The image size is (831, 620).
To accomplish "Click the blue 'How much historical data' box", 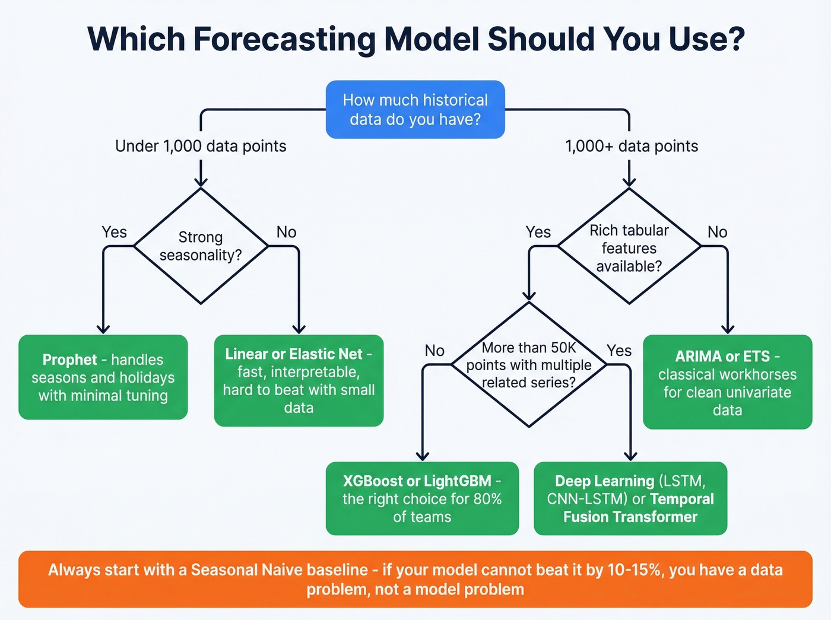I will coord(415,110).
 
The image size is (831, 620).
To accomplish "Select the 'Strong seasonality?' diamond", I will coord(201,246).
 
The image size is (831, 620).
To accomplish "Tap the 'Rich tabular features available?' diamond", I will coord(629,247).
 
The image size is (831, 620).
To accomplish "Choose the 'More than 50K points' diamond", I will coord(528,364).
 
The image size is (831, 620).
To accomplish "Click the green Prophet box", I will coord(103,377).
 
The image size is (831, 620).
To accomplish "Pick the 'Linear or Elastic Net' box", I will coord(299,380).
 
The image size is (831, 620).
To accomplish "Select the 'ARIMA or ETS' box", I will coord(727,382).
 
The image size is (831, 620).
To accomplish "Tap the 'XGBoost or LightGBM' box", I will coord(422,498).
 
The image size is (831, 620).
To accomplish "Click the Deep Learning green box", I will coord(630,498).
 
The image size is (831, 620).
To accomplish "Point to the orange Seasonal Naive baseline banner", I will coord(415,579).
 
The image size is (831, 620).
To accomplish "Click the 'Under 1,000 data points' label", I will coord(201,146).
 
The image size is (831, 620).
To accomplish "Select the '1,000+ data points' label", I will coord(632,146).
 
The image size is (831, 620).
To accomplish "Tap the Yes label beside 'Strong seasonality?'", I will coord(114,232).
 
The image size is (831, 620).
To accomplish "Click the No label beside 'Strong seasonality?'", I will coord(286,232).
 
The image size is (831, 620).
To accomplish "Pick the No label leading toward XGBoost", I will coord(434,351).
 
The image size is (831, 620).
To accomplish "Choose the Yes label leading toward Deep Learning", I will coord(619,351).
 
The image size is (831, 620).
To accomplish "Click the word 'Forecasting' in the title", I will coord(284,39).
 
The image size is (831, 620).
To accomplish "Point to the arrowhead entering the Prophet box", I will coord(103,329).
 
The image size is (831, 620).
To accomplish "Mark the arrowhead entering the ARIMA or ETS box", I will coord(728,329).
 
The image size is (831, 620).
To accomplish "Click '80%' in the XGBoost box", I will coord(487,499).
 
